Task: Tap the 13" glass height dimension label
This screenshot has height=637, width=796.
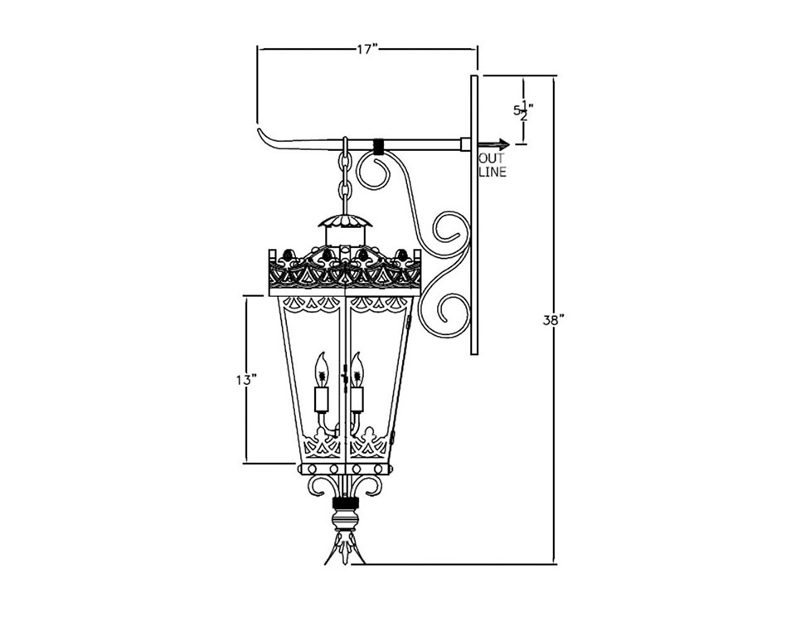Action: [245, 379]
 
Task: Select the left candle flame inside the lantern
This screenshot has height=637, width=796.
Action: [322, 367]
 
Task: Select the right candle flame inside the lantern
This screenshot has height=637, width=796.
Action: [357, 367]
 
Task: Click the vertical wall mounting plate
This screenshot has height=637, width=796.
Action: [473, 216]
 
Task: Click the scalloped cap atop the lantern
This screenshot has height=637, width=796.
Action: [343, 221]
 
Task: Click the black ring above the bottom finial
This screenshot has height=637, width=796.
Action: [343, 503]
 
